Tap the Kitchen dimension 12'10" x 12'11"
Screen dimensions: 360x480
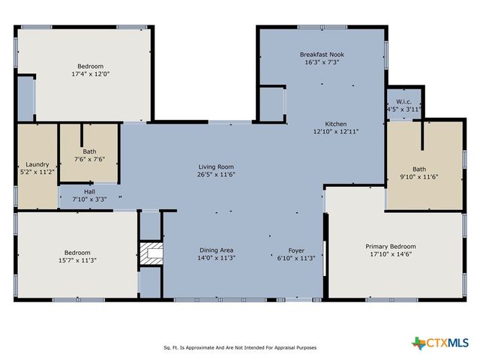pos(335,131)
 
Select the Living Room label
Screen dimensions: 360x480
pos(216,166)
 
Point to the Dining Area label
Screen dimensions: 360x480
pos(216,250)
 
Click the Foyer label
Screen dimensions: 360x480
pos(297,250)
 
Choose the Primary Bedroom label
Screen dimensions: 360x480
pos(390,246)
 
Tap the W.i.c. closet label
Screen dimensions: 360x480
pos(403,102)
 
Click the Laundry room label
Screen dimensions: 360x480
pos(37,164)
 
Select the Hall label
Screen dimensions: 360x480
pos(88,192)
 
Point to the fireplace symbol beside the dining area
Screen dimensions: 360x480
pos(151,254)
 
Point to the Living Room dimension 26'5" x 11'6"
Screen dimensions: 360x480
pos(216,174)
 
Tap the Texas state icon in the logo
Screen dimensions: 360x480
pos(418,343)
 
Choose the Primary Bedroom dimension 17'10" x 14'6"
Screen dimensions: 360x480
pos(390,254)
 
